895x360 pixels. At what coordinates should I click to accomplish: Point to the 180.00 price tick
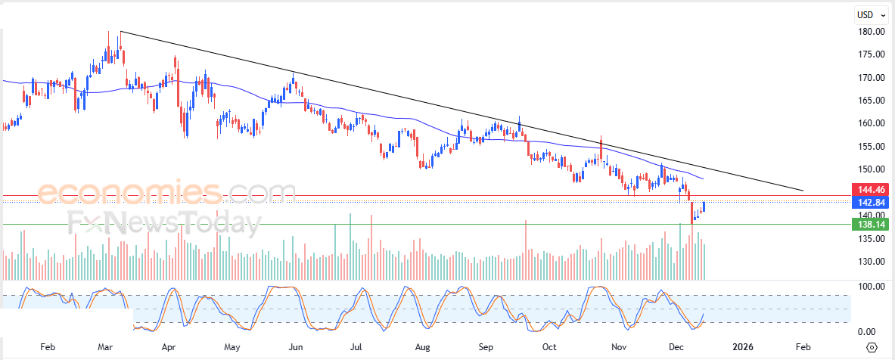(872, 32)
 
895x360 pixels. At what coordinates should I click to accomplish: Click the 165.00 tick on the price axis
(872, 101)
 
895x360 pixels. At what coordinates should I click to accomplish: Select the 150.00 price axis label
(872, 169)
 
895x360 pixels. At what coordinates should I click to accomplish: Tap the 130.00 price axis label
(872, 262)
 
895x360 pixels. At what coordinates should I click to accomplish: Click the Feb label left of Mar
(47, 346)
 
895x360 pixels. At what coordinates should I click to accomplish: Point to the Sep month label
(486, 346)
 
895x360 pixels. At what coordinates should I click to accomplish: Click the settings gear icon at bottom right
(872, 347)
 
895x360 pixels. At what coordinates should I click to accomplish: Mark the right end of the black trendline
(803, 191)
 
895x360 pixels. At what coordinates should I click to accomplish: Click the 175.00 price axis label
(872, 54)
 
